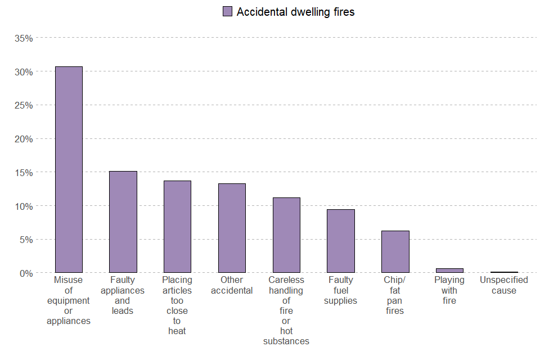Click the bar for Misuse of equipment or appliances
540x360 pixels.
(69, 169)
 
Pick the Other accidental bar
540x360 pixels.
(232, 228)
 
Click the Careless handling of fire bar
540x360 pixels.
(286, 235)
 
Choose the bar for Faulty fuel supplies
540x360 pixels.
(341, 241)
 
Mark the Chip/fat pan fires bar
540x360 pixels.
(395, 251)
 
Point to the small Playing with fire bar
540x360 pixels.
(449, 271)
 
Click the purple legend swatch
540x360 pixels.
(227, 12)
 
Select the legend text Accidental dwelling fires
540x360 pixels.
(295, 12)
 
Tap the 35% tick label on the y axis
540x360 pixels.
(24, 38)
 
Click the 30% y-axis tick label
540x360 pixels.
(24, 72)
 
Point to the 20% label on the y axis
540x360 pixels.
(24, 139)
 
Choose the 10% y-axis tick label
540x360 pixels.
(24, 206)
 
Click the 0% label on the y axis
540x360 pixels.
(26, 273)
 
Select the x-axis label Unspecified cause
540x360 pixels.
(503, 285)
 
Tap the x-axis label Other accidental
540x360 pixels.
(232, 285)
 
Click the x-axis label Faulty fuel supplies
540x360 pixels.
(341, 290)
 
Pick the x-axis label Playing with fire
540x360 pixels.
(449, 290)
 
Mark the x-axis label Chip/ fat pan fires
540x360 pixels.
(395, 295)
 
